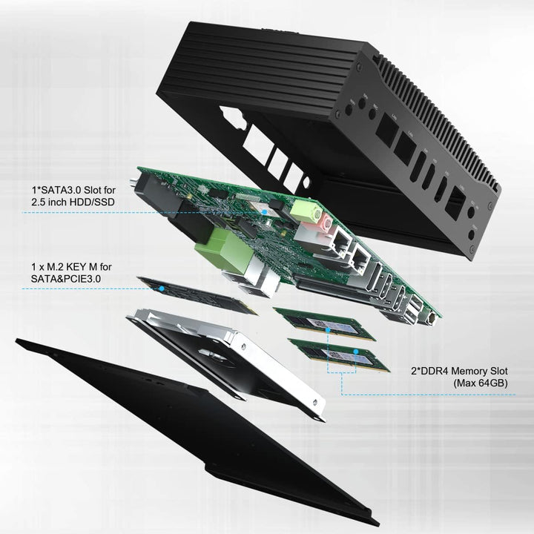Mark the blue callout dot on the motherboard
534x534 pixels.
point(265,212)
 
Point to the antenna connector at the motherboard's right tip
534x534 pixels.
point(431,320)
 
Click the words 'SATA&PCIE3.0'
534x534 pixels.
point(67,278)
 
